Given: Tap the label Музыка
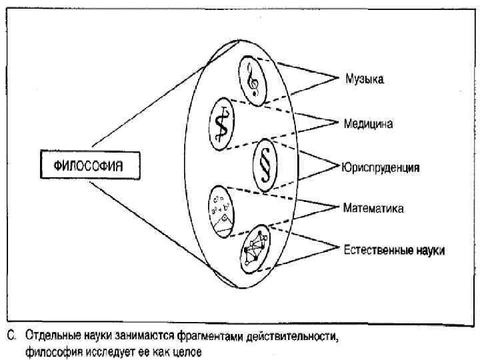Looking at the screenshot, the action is point(365,79).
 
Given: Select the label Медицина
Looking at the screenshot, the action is point(368,123).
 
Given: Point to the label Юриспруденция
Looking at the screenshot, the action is point(381,167).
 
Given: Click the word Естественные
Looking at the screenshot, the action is point(376,251).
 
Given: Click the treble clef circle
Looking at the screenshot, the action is point(253,81).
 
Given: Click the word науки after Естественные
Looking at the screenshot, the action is point(429,251).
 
